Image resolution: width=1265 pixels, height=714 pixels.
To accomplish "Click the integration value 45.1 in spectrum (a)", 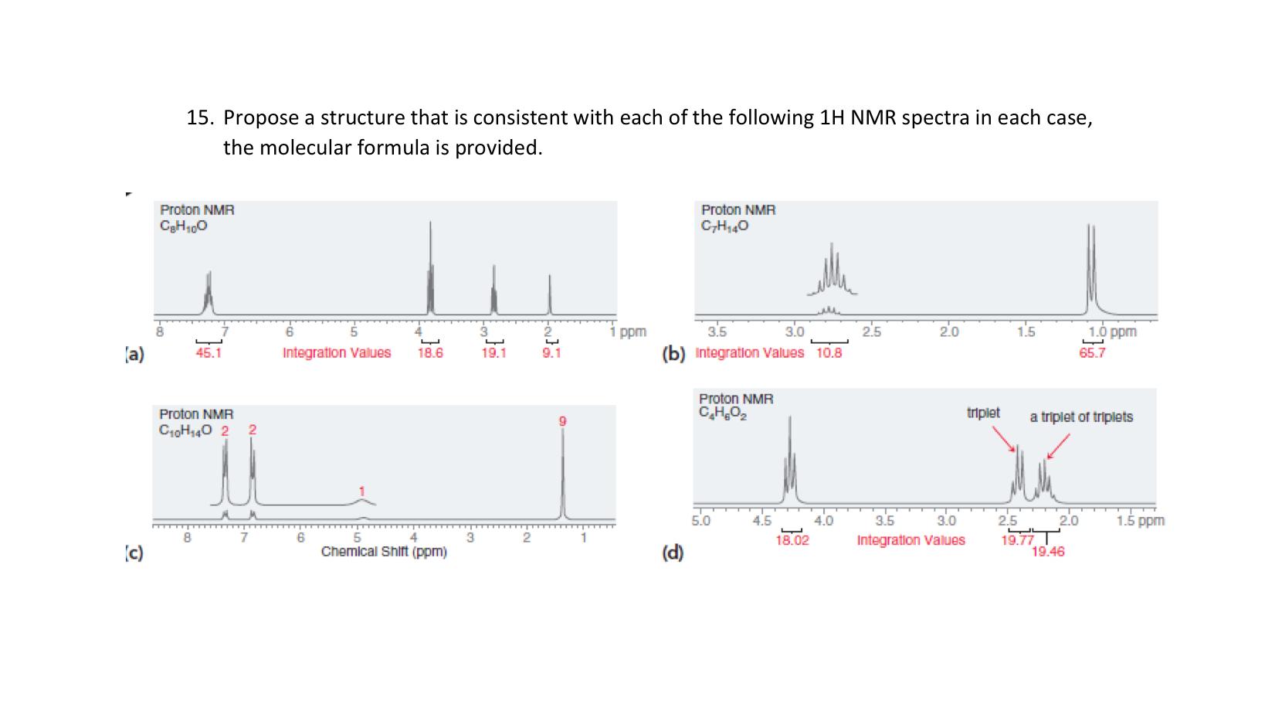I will coord(209,353).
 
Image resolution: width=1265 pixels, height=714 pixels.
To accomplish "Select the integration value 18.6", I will coord(429,353).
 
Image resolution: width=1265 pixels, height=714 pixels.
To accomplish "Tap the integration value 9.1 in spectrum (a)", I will coord(551,353).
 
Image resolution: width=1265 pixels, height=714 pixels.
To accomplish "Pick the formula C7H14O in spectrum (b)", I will coord(724,226).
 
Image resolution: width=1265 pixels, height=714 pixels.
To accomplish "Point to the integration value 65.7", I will coord(1092,353).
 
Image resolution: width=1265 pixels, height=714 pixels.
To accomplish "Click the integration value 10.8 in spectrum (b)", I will coord(829,353).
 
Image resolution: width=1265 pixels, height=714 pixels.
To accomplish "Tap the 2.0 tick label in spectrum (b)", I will coord(948,333).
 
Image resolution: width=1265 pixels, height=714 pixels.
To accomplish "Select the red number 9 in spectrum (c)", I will coord(563,420).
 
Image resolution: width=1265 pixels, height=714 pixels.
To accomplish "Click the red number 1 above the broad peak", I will coord(361,491).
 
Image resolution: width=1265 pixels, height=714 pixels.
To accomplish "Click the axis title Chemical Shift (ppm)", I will coord(384,552).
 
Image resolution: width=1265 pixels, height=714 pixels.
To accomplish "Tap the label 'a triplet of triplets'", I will coord(1081,417).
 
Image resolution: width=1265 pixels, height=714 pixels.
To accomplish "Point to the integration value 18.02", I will coord(792,540).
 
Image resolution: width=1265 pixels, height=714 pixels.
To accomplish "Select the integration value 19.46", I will coord(1048,552).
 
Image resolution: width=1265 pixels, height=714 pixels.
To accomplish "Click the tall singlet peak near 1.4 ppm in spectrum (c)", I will coord(563,471).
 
